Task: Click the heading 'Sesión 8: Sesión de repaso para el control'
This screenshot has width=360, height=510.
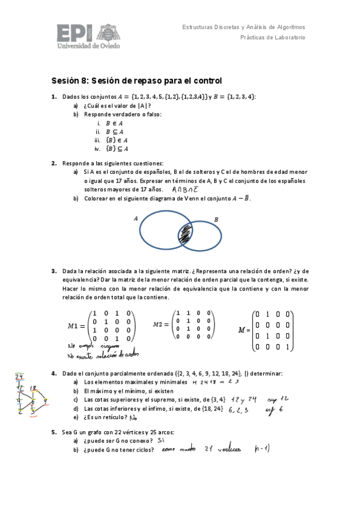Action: tap(136, 81)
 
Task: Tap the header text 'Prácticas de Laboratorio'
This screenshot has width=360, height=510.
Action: tap(273, 37)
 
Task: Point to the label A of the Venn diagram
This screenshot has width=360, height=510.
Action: tap(136, 219)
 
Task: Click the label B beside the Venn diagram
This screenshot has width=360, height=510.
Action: tap(216, 220)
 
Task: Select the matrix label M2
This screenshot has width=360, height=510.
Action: tap(160, 325)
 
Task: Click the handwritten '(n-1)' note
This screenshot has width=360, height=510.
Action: tap(262, 449)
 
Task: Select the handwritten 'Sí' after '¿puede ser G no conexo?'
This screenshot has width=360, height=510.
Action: tap(161, 440)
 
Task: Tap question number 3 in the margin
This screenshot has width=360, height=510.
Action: tap(54, 271)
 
